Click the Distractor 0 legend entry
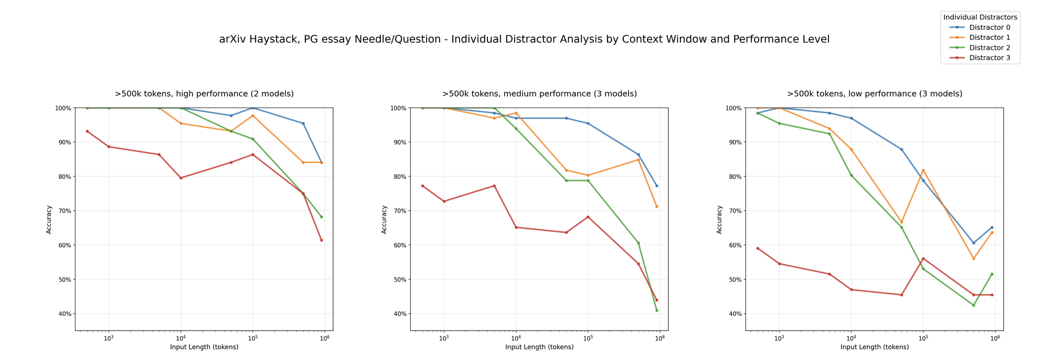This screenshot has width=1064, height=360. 989,27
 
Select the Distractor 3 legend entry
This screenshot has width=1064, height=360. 989,58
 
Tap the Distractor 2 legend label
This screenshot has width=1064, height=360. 989,48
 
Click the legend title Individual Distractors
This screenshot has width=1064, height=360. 980,17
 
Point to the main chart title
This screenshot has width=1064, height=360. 524,39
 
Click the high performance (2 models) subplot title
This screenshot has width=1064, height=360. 204,94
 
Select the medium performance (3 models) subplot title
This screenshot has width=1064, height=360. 539,94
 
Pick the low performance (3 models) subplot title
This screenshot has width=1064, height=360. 875,94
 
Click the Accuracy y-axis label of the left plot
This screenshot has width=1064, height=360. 49,219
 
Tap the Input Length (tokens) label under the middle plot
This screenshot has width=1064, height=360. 539,347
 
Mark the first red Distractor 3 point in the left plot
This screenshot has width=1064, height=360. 87,131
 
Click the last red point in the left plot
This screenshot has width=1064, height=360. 322,240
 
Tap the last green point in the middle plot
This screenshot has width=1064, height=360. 656,310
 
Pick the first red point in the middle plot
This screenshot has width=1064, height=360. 422,186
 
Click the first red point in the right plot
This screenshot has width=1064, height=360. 758,248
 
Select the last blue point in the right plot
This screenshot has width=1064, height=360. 992,227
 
